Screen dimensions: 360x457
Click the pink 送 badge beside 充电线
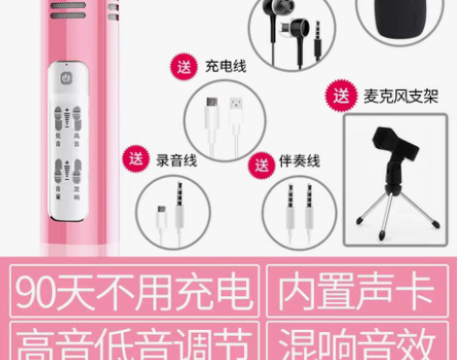click(183, 66)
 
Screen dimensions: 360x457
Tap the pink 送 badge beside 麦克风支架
click(341, 96)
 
